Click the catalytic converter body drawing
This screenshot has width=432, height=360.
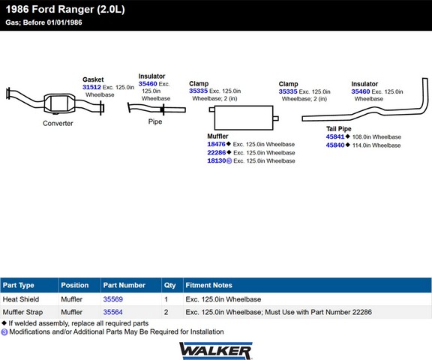[59, 103]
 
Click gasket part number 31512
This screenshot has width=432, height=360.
[91, 87]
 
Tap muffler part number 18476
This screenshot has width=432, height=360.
[216, 144]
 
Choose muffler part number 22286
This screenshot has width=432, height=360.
[217, 152]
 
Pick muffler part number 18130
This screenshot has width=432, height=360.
[217, 160]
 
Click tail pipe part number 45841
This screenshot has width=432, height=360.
[335, 136]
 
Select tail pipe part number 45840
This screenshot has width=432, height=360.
[335, 145]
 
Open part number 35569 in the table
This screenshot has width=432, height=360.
[113, 299]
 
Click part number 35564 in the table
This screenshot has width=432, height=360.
[113, 312]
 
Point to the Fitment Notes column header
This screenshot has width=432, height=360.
[208, 285]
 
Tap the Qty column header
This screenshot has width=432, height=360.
[169, 285]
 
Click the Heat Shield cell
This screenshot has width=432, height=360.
[21, 299]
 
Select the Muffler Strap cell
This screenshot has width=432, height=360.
[22, 312]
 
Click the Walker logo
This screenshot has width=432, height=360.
[216, 351]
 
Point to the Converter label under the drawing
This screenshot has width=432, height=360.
[58, 123]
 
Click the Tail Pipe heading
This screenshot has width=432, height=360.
[339, 129]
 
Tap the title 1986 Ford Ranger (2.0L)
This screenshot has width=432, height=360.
[65, 9]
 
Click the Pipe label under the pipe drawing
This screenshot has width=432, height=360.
[155, 121]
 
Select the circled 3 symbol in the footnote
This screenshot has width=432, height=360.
[4, 332]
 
